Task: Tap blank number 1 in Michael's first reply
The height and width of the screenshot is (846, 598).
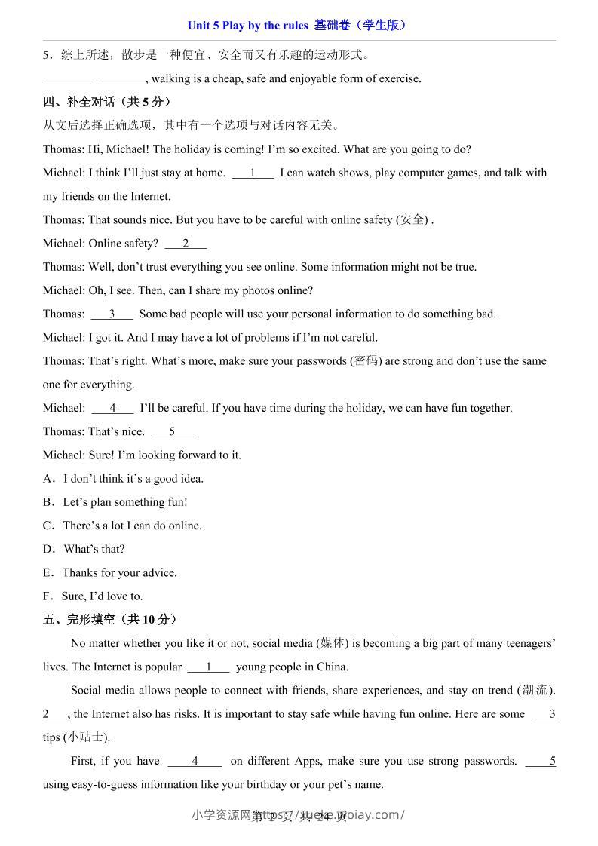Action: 253,173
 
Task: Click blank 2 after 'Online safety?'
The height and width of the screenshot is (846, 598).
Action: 186,244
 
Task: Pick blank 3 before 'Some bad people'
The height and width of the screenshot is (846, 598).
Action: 112,314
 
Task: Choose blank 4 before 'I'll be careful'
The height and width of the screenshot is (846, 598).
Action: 112,408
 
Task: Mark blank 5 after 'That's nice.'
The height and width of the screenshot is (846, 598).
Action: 172,431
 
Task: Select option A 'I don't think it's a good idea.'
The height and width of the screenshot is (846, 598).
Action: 124,479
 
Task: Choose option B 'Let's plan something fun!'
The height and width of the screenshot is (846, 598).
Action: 115,502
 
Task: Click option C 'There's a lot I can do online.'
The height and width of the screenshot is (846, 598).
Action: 122,526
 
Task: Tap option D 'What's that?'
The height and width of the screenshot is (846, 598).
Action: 84,549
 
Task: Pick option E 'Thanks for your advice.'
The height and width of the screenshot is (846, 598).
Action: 110,573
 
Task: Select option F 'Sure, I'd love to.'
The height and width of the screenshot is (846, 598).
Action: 93,596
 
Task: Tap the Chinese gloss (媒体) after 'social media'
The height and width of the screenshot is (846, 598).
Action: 333,643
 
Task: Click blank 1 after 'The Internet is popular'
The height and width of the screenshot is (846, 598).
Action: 208,667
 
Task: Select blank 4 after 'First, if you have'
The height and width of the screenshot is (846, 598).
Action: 195,761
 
